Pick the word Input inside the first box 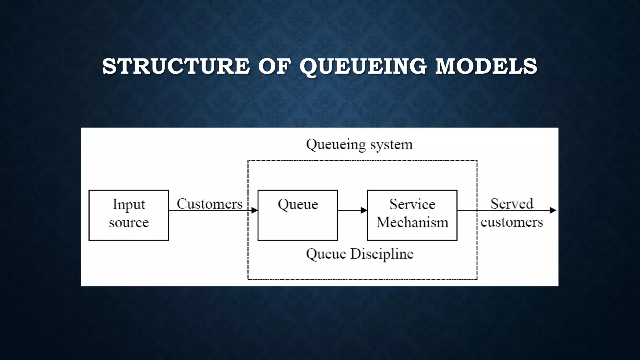(129, 204)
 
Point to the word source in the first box (129, 222)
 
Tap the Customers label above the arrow (209, 204)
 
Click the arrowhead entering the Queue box (254, 210)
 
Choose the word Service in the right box (412, 204)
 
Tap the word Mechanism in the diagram (412, 222)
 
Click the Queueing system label (359, 145)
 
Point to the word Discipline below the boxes (382, 254)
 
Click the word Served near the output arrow (512, 204)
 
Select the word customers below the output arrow (512, 222)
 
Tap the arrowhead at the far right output (553, 210)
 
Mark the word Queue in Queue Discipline (326, 254)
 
